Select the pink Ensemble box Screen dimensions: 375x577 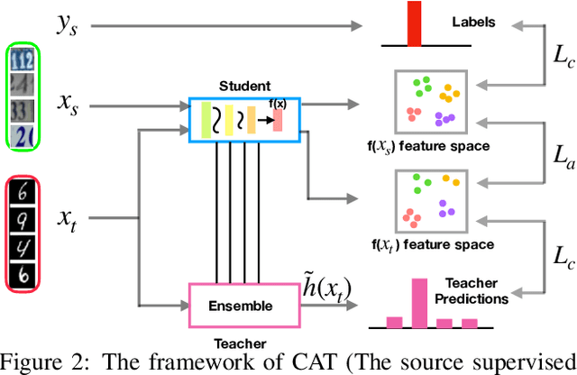pos(241,306)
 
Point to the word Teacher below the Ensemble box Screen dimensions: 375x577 pos(241,343)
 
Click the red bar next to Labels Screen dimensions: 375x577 pos(414,23)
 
